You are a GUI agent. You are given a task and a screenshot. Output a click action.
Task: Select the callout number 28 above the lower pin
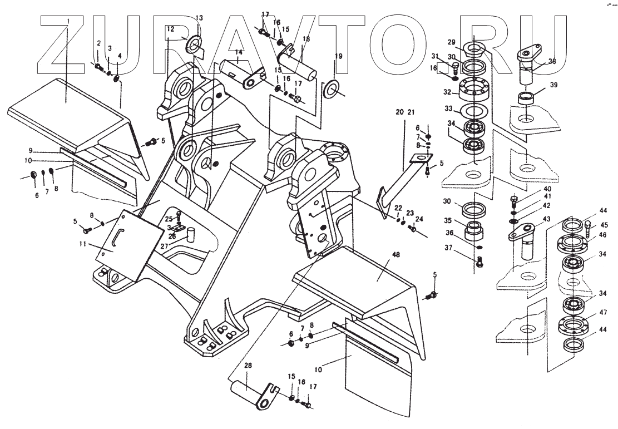[248, 366]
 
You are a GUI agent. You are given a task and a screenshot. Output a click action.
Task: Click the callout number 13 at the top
[200, 18]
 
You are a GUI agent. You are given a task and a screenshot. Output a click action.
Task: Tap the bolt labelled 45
[587, 228]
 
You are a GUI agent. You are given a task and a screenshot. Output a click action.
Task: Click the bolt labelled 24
[413, 228]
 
